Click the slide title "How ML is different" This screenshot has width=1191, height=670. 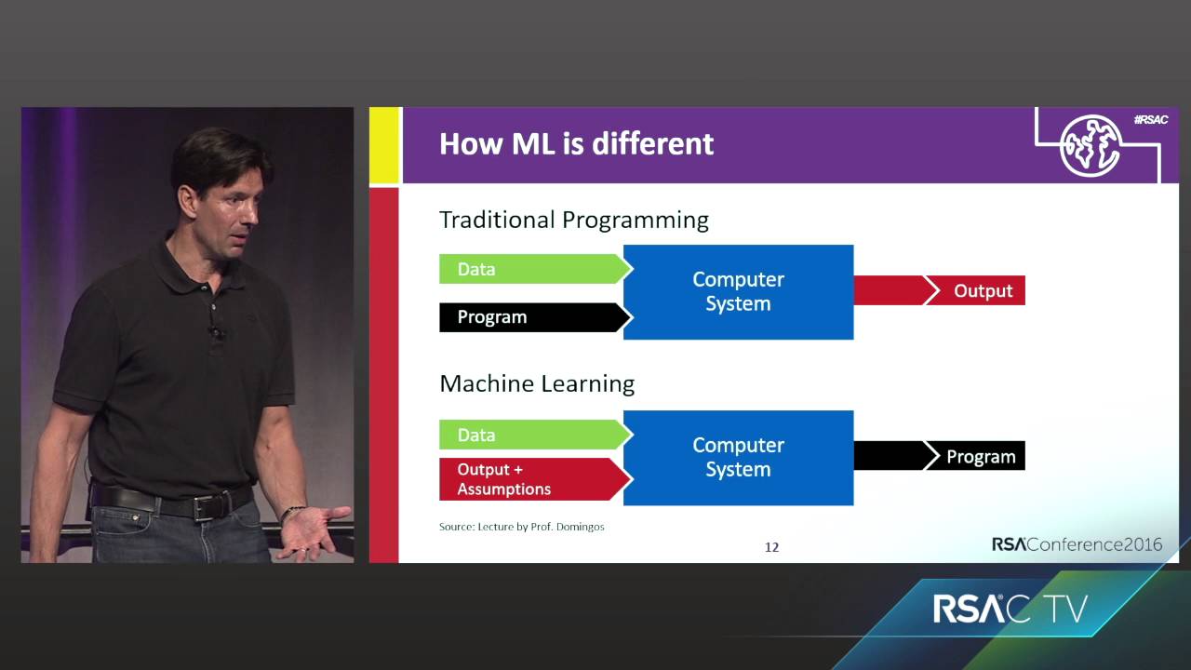pos(576,144)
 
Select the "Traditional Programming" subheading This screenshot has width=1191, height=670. pos(573,220)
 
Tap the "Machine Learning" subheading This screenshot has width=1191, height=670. pos(537,383)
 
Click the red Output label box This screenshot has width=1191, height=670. pos(982,290)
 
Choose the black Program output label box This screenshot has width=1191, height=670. pos(981,456)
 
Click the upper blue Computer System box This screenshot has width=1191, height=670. pos(738,291)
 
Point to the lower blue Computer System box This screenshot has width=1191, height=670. pos(738,457)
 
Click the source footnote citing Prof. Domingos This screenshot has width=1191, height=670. pos(521,527)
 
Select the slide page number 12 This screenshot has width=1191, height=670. pos(771,547)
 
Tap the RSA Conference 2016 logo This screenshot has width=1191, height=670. pos(1077,544)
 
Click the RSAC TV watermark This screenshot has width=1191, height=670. pos(1010,610)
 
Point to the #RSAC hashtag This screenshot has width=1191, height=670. pos(1151,120)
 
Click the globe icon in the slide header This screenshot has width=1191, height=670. pos(1091,146)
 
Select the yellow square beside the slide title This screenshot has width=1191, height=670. pos(384,144)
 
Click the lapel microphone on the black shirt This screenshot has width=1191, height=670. pos(216,330)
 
